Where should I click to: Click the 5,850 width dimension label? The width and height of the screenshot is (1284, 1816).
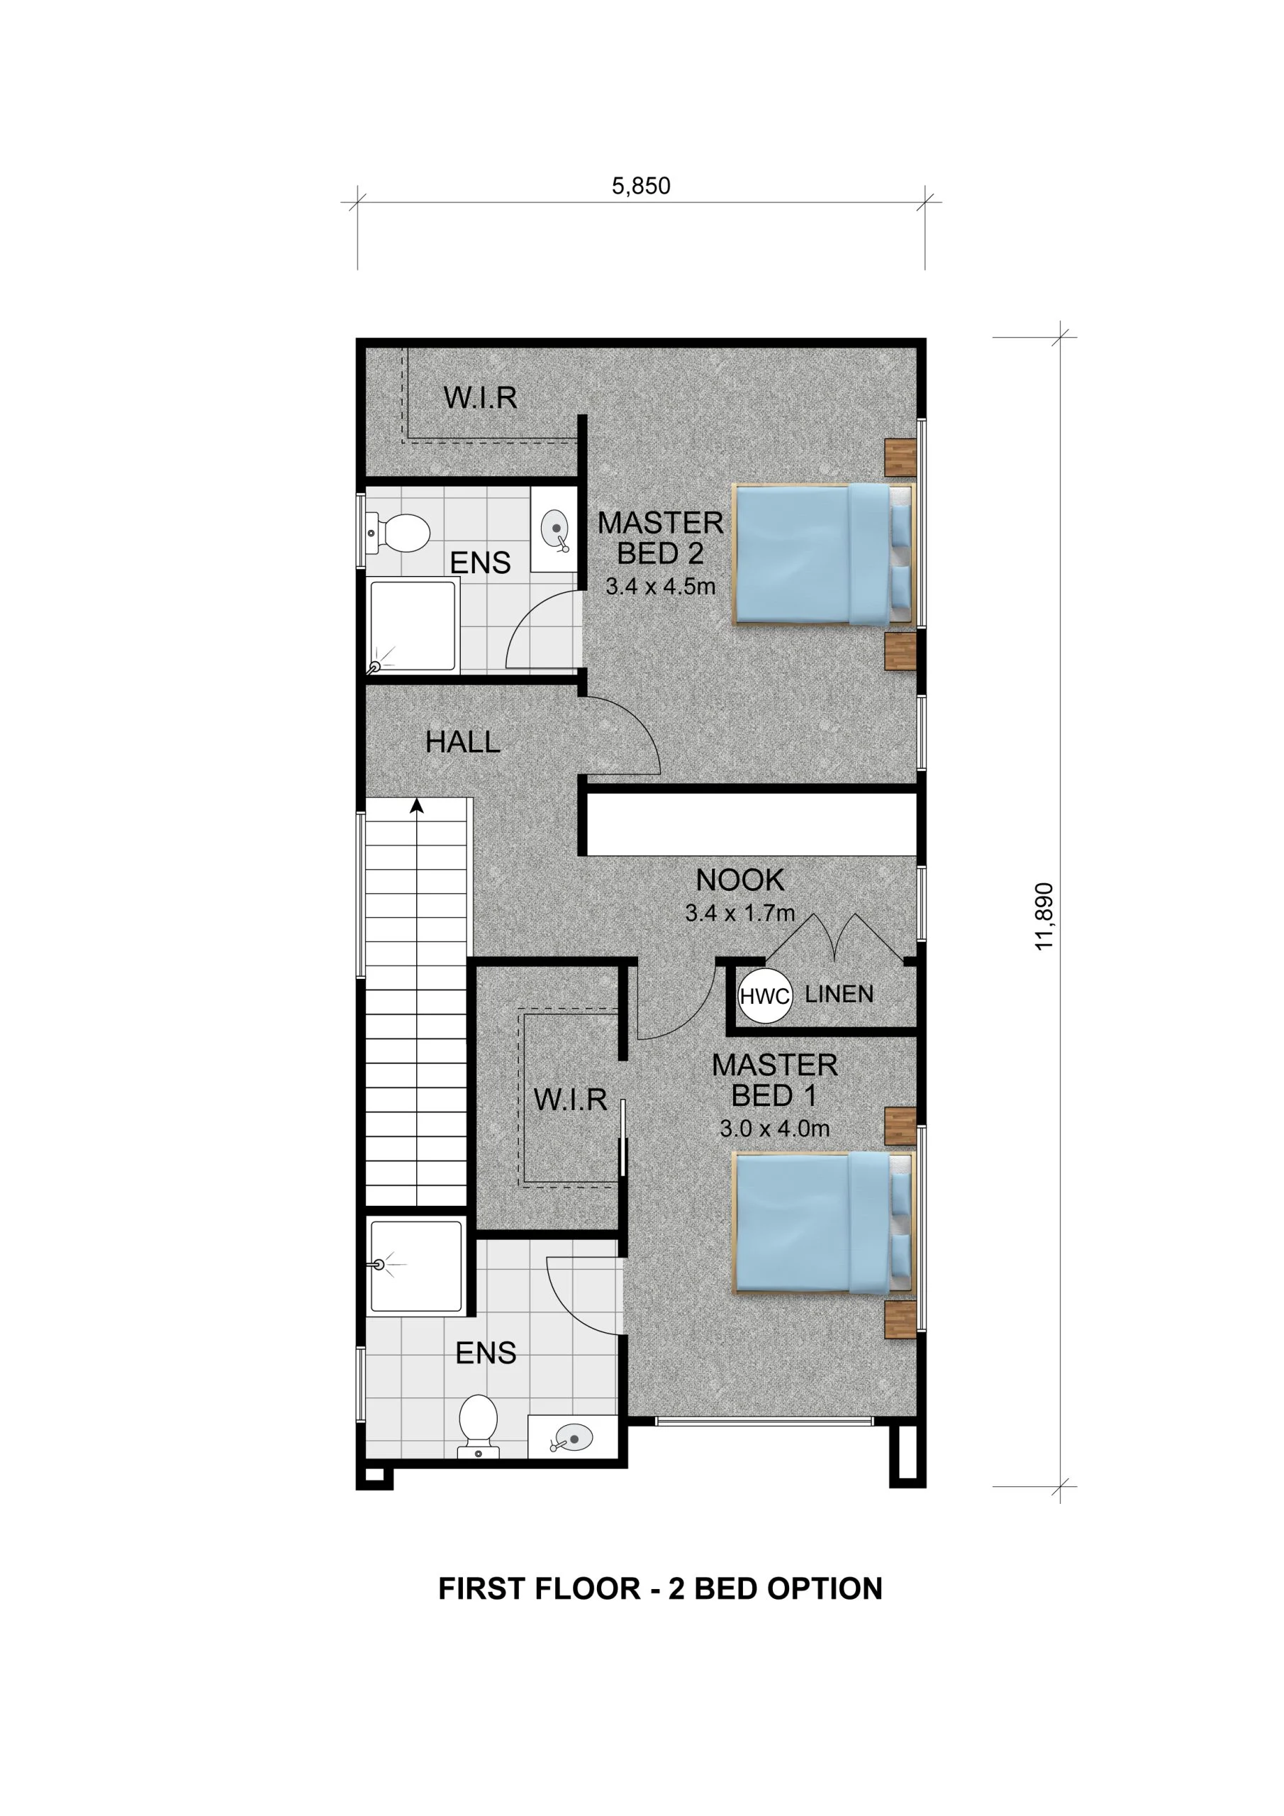(640, 186)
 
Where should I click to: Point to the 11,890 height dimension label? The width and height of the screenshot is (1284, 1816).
(1044, 915)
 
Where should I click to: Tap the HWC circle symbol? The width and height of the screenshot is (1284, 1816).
(764, 996)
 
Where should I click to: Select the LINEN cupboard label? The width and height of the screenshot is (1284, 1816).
(839, 995)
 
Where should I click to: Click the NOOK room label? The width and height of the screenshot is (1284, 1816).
(739, 880)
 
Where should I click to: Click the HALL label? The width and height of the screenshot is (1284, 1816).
(462, 742)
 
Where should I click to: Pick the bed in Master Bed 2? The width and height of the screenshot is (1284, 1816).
(822, 555)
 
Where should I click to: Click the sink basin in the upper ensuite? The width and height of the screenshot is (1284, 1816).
(556, 526)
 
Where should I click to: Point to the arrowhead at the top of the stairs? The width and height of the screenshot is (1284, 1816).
(417, 806)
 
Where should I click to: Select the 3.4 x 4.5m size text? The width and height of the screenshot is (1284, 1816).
(660, 586)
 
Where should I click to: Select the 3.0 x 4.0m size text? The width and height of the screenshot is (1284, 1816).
(774, 1129)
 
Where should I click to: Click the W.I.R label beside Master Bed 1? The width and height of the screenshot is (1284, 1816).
(570, 1100)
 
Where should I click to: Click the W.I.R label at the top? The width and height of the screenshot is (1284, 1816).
(480, 398)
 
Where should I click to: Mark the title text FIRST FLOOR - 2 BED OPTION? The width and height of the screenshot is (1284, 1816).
(660, 1589)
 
